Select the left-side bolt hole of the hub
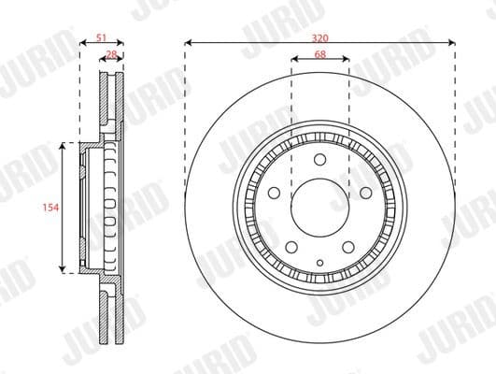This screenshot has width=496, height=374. point(275,194)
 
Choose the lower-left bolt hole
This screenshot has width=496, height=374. point(291,245)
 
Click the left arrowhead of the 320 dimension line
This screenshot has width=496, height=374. point(188,42)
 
